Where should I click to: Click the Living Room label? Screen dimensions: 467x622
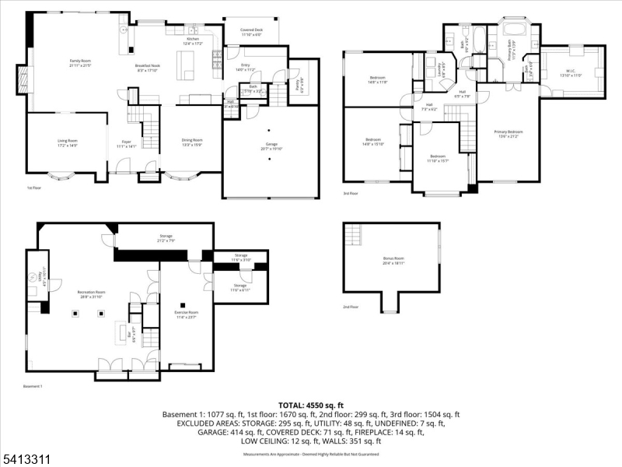[68, 142]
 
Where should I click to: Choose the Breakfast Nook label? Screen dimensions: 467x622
[146, 68]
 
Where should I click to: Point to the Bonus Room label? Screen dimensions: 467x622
[394, 258]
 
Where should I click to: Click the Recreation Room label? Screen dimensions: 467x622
[91, 294]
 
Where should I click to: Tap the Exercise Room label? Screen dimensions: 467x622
[186, 313]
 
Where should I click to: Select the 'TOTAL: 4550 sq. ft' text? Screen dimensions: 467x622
[310, 406]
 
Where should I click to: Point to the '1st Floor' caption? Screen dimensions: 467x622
[35, 188]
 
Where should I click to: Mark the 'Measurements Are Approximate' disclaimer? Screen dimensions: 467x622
[310, 453]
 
